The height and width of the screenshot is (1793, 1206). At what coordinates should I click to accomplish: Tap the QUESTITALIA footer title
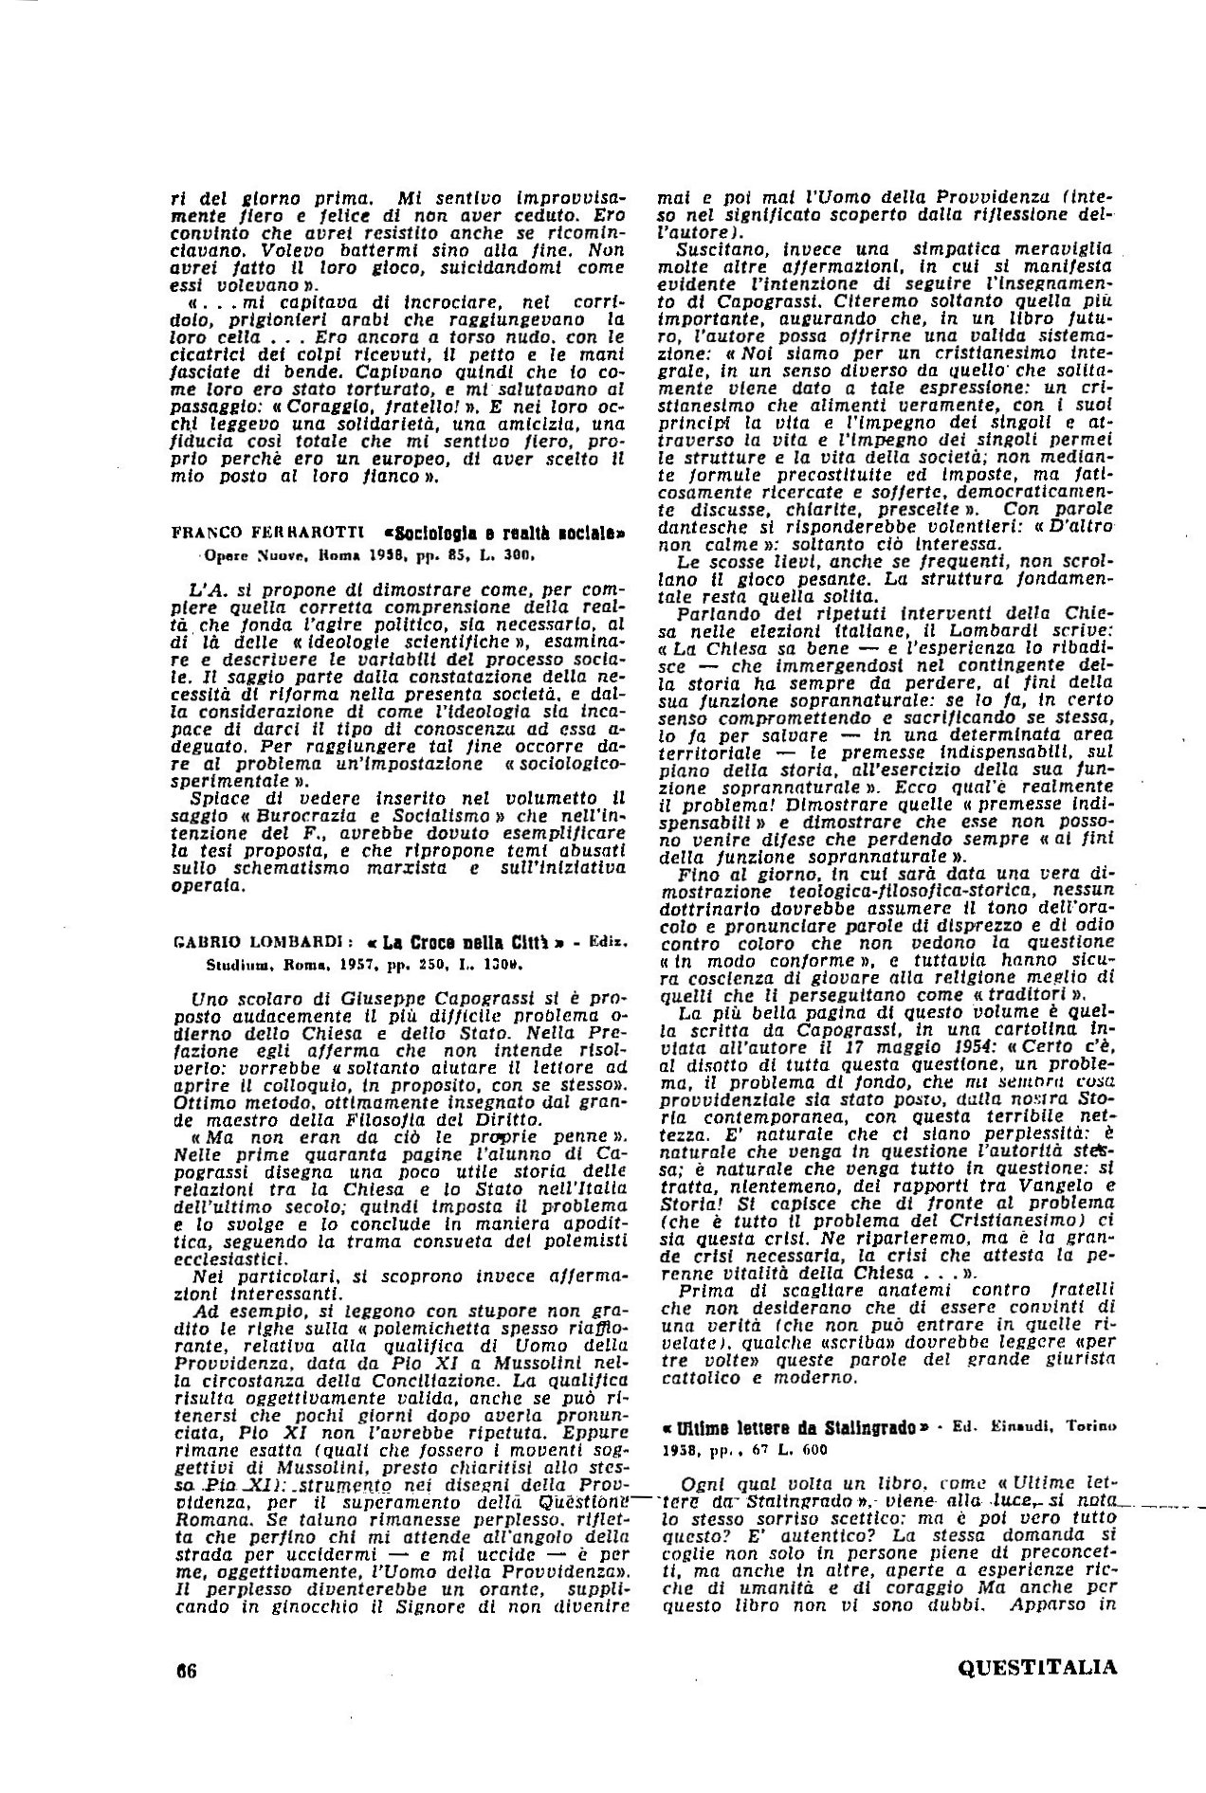click(1038, 1668)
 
